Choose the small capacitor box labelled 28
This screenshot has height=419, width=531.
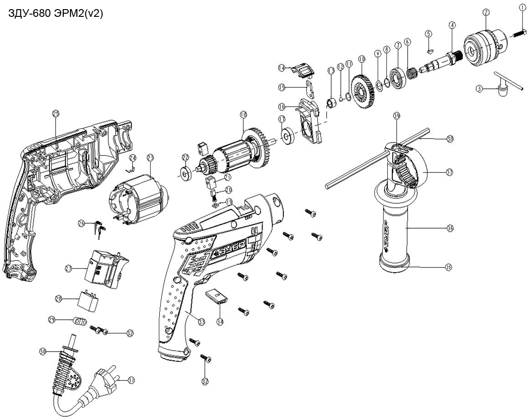90,299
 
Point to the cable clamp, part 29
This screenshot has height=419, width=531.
80,322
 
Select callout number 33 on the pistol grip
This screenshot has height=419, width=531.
202,321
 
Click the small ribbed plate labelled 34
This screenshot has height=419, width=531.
216,296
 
